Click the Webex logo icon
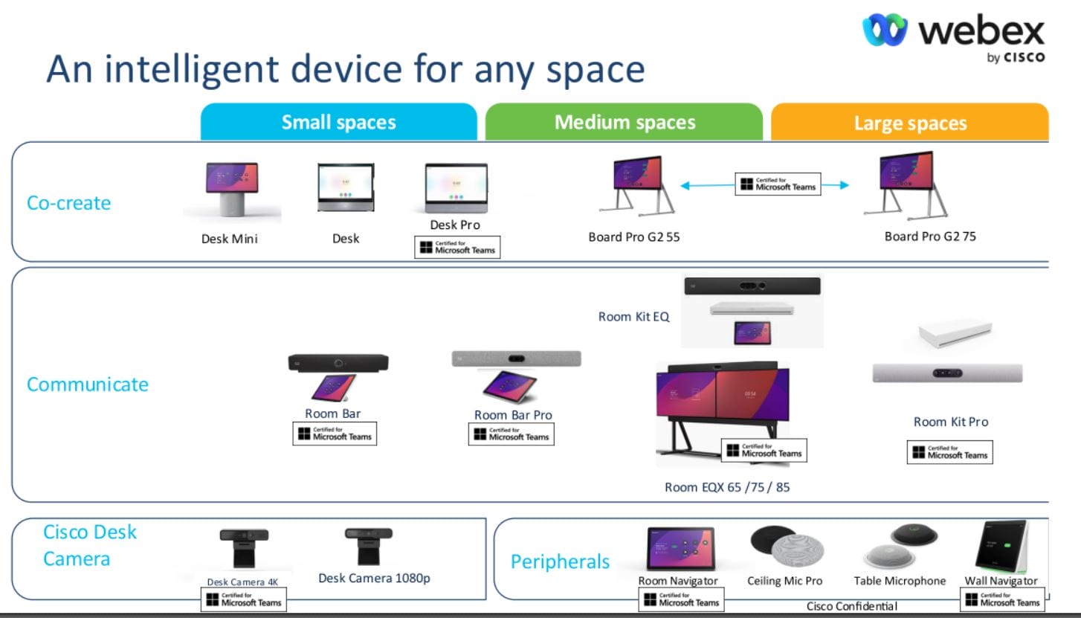[x=885, y=30]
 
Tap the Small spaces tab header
[x=339, y=122]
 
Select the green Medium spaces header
[x=624, y=122]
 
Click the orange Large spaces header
[x=910, y=122]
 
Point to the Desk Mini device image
[x=232, y=189]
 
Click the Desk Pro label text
[x=454, y=225]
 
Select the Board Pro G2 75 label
[x=930, y=236]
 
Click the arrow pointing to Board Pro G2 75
[x=836, y=185]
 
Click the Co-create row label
[x=68, y=203]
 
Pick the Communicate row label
[x=87, y=384]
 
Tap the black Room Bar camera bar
[x=338, y=363]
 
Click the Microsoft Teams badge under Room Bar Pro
[x=511, y=434]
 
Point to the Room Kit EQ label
[x=633, y=317]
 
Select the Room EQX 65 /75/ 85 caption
[x=727, y=487]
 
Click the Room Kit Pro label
[x=951, y=422]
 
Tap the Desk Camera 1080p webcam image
[x=369, y=546]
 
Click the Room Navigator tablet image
[x=680, y=548]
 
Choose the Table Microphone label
[x=900, y=581]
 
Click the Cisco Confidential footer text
[x=852, y=606]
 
